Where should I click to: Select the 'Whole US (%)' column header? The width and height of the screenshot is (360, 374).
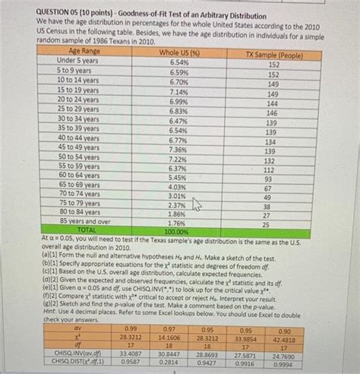coord(178,52)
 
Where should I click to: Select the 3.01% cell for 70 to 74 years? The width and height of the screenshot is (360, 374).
coord(176,196)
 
